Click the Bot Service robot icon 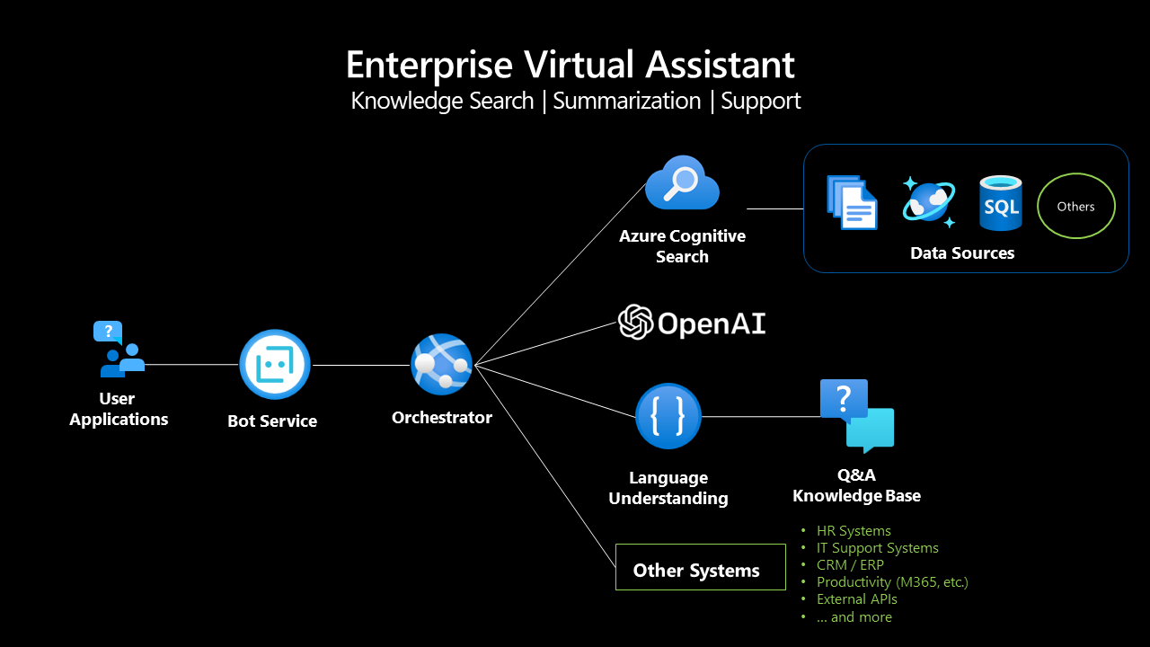tap(274, 365)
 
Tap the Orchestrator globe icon tap(441, 364)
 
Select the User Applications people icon tap(119, 350)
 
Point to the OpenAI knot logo tap(635, 323)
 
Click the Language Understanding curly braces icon tap(668, 416)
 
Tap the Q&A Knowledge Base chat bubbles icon tap(856, 415)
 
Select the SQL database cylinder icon tap(1000, 203)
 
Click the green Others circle tap(1075, 206)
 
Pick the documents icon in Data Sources tap(851, 203)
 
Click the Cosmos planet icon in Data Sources tap(927, 203)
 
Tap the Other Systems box tap(700, 567)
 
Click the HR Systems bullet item tap(853, 531)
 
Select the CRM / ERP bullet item tap(849, 565)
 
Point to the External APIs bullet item tap(856, 599)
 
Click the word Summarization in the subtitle tap(626, 101)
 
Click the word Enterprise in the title tap(429, 66)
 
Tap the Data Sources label tap(961, 253)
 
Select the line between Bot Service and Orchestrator tap(359, 365)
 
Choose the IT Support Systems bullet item tap(877, 548)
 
